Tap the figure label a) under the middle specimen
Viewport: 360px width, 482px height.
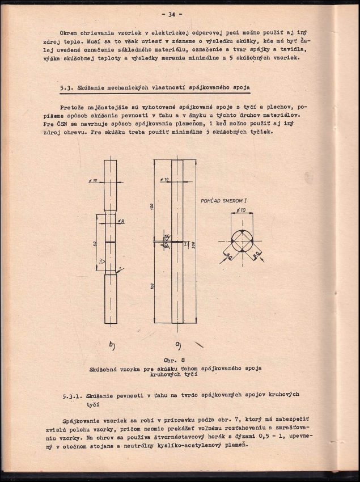[177, 344]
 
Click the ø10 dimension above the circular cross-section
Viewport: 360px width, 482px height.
[241, 210]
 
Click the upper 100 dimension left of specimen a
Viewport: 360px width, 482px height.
[153, 206]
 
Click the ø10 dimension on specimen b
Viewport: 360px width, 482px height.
[93, 180]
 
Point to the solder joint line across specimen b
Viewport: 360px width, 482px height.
[110, 242]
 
